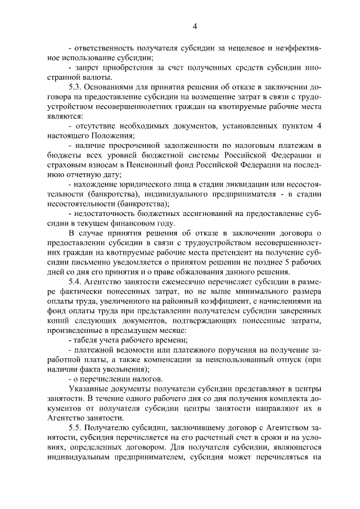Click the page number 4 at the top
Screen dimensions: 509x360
pyautogui.click(x=195, y=26)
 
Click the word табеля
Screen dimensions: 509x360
pyautogui.click(x=85, y=341)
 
